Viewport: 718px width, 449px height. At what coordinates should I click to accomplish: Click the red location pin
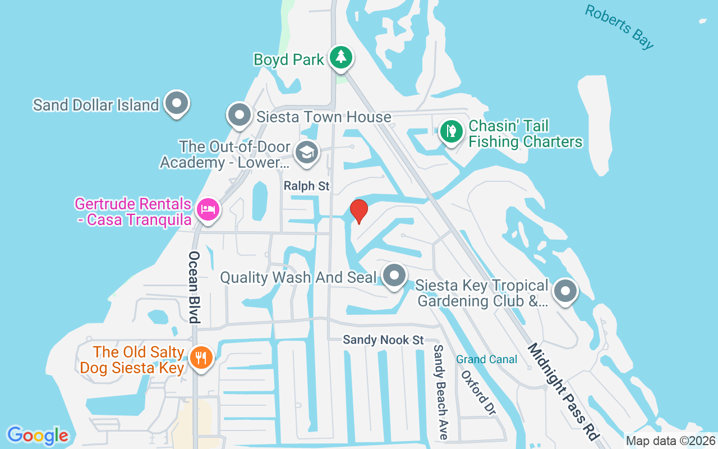358,211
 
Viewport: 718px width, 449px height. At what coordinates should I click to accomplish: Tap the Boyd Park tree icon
340,57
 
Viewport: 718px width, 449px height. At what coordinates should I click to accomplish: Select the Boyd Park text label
289,59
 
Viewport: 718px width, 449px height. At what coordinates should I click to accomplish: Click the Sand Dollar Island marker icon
177,103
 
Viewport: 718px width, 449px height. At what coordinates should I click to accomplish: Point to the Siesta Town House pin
240,115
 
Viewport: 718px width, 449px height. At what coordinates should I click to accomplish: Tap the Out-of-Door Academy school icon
306,153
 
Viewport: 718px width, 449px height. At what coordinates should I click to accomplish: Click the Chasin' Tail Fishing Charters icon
451,132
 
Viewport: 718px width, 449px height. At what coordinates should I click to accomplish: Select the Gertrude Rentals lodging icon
208,210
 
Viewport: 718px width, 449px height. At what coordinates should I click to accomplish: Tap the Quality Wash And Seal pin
394,276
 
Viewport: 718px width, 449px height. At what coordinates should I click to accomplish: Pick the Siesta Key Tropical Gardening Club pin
565,291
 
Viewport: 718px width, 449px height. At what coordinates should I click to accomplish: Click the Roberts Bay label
619,26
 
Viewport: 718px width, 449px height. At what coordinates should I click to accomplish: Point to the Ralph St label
307,186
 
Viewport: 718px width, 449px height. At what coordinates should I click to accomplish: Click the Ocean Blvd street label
194,287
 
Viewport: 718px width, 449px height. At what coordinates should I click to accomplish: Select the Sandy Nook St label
383,340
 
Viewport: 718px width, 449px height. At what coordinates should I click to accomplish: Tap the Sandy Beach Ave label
440,391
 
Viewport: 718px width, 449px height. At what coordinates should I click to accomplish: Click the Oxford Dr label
478,392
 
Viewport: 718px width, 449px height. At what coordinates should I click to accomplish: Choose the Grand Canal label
486,359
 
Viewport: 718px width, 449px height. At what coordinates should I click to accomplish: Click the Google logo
38,436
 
